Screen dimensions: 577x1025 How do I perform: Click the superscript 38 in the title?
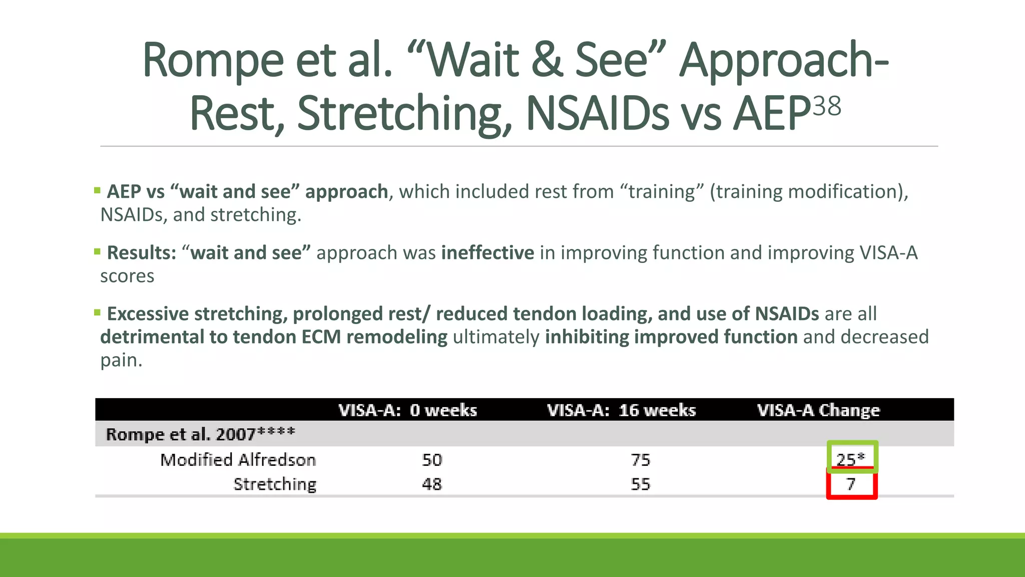pos(826,106)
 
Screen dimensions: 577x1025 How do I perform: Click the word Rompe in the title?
pos(213,61)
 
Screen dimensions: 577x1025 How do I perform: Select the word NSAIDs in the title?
pos(598,114)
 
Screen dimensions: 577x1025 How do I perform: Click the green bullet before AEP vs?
pos(97,190)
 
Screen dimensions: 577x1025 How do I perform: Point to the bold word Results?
pos(142,253)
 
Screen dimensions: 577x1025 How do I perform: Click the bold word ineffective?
pos(487,253)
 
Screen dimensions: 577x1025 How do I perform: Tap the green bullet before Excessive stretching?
pos(97,313)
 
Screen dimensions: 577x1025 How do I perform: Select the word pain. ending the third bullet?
pos(121,360)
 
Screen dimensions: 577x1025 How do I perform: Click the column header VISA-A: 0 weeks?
pos(407,410)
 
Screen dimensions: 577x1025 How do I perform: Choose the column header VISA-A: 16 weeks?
pos(621,410)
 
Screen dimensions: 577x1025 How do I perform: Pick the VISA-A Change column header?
pos(818,410)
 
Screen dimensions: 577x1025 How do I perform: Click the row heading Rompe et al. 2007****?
pos(200,434)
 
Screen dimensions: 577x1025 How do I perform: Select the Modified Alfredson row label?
pos(238,460)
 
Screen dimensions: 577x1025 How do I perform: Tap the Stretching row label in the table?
pos(275,484)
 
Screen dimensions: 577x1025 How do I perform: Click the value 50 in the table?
pos(432,460)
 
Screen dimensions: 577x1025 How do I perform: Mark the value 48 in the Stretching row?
pos(432,484)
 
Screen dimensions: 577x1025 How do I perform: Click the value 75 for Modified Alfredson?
pos(640,460)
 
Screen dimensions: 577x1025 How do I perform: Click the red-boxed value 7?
pos(851,484)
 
